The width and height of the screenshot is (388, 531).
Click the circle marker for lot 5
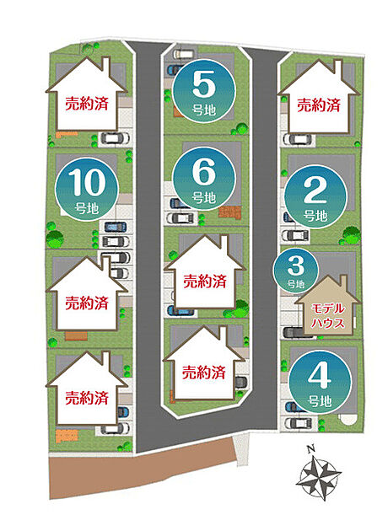coord(203,90)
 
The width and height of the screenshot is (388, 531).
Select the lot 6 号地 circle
coord(203,179)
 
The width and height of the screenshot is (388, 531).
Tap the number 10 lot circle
coord(87,190)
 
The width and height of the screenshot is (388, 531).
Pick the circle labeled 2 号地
coord(315,196)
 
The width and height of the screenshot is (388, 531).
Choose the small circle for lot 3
coord(296,271)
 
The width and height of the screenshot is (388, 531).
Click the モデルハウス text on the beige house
coord(327,315)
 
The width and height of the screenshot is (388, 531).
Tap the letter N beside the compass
coord(310,450)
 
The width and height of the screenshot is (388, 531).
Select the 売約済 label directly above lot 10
coord(87,104)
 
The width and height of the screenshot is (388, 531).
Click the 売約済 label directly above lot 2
coord(319,105)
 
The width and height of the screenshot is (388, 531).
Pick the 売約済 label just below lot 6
coord(205,281)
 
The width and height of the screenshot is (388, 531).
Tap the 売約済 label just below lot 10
coord(87,303)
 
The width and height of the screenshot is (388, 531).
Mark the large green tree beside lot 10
coord(54,239)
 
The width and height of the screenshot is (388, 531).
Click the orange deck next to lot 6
coord(229,212)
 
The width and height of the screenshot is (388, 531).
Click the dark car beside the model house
coord(294,332)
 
